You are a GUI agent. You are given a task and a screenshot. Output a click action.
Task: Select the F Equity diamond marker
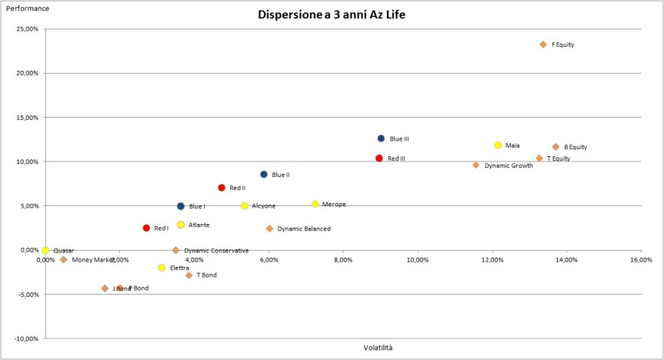543,45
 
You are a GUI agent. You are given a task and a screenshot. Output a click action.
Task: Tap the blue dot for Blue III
381,138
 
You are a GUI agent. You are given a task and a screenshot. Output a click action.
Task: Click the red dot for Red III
379,158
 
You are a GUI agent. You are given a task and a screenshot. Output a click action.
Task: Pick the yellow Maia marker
498,145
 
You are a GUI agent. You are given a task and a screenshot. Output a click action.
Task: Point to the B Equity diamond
556,147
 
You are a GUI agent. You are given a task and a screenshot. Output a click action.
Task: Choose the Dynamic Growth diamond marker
476,165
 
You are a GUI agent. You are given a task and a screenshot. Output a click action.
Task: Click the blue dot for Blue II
264,175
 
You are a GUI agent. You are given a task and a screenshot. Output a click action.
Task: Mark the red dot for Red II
222,188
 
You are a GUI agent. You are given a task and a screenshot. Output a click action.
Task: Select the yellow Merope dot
315,204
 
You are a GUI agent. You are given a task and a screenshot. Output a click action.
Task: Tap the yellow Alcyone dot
245,205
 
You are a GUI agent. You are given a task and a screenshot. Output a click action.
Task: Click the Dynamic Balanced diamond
269,228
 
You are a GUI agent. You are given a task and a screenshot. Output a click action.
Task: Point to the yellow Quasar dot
45,250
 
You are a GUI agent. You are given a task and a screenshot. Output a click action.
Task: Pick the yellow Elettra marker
162,268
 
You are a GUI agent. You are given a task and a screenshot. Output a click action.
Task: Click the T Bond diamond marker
189,275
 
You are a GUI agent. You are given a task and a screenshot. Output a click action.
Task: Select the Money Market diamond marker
63,260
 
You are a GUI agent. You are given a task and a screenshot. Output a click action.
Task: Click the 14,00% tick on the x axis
566,260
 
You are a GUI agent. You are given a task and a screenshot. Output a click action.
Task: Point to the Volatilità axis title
378,348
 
